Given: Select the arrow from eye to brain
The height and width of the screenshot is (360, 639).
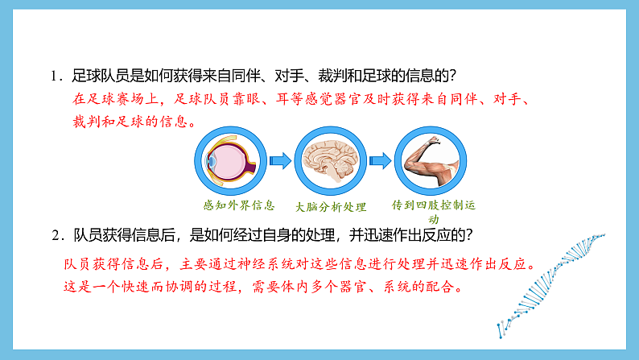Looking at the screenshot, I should (280, 161).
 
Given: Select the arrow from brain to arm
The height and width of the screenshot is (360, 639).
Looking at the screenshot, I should (379, 161).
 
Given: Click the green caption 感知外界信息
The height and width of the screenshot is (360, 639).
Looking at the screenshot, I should (239, 205).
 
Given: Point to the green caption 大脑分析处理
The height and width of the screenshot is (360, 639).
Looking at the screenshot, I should (330, 206).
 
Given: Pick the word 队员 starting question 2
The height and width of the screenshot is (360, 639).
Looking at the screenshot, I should (86, 235).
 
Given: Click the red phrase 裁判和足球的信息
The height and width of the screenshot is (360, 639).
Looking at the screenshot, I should (131, 122).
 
